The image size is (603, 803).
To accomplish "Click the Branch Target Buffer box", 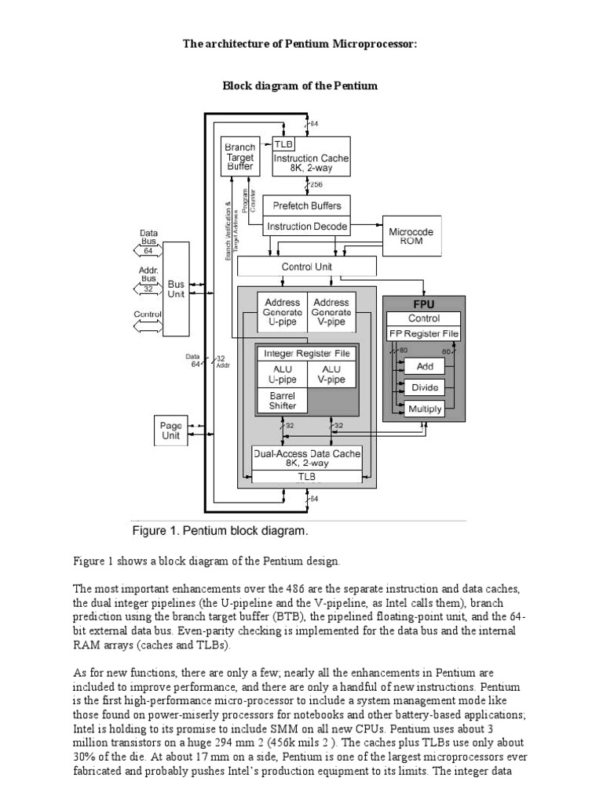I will click(x=239, y=158).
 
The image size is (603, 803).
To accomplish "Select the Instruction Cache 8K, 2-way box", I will click(x=311, y=163).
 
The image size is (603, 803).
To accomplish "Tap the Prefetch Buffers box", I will click(x=306, y=206).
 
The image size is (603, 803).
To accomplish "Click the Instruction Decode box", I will click(x=306, y=227).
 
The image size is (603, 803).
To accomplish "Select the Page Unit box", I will click(x=170, y=430).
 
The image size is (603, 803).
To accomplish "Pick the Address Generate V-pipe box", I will click(x=331, y=312).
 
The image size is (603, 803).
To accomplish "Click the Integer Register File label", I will click(x=306, y=354).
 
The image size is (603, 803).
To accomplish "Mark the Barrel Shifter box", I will click(x=282, y=401).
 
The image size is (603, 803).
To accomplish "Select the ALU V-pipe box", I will click(x=331, y=374).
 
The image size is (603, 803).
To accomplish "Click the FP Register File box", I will click(x=423, y=333).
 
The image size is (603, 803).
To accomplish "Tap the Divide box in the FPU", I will click(x=423, y=387).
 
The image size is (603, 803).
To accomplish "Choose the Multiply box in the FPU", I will click(x=423, y=409).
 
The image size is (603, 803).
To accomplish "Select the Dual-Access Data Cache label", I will click(x=306, y=453).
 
